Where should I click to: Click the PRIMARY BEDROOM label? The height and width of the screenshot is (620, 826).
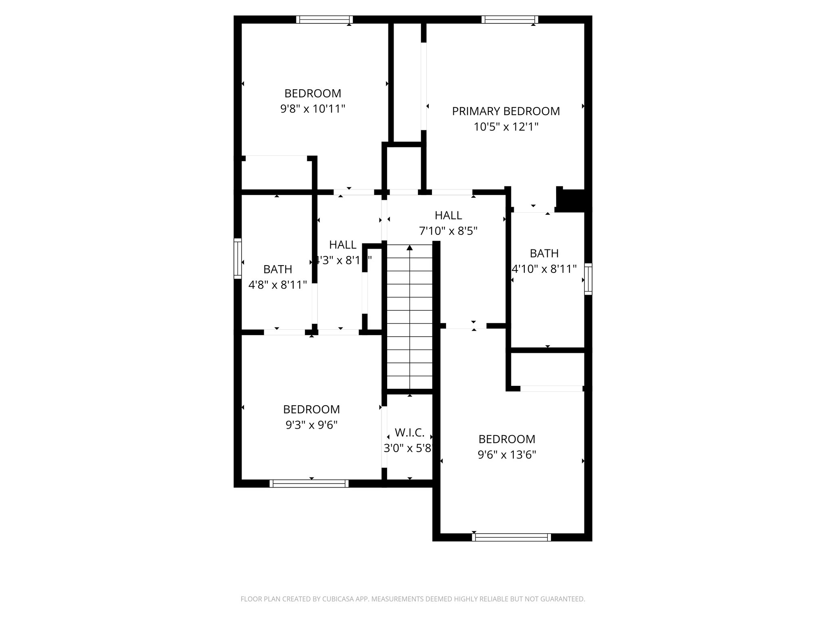pyautogui.click(x=506, y=111)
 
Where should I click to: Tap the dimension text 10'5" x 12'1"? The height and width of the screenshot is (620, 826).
pyautogui.click(x=506, y=127)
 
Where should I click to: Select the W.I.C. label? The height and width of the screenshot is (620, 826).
pyautogui.click(x=409, y=433)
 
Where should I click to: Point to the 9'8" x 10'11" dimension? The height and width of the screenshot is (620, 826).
pyautogui.click(x=313, y=109)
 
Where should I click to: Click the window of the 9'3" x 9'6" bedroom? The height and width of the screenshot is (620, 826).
pyautogui.click(x=309, y=483)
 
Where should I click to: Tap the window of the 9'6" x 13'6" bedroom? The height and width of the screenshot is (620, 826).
pyautogui.click(x=511, y=537)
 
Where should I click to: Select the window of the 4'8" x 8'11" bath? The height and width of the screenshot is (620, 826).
pyautogui.click(x=238, y=258)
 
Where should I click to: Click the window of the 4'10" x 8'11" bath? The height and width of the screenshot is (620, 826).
pyautogui.click(x=588, y=279)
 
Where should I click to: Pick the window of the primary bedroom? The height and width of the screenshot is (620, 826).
pyautogui.click(x=510, y=19)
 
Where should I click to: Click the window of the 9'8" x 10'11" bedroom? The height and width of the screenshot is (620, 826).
pyautogui.click(x=324, y=19)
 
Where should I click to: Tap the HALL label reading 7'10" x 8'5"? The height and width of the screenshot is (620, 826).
pyautogui.click(x=448, y=215)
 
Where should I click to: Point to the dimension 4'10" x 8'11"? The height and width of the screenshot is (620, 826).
pyautogui.click(x=544, y=269)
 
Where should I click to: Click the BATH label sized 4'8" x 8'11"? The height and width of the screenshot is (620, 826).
pyautogui.click(x=277, y=269)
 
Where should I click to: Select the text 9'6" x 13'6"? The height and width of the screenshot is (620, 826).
pyautogui.click(x=507, y=455)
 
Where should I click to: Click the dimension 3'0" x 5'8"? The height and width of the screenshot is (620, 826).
pyautogui.click(x=408, y=448)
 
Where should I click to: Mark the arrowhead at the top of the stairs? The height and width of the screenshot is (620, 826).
pyautogui.click(x=410, y=247)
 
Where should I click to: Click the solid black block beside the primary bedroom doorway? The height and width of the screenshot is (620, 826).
pyautogui.click(x=573, y=199)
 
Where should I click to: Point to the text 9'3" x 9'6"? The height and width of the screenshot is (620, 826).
pyautogui.click(x=311, y=425)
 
